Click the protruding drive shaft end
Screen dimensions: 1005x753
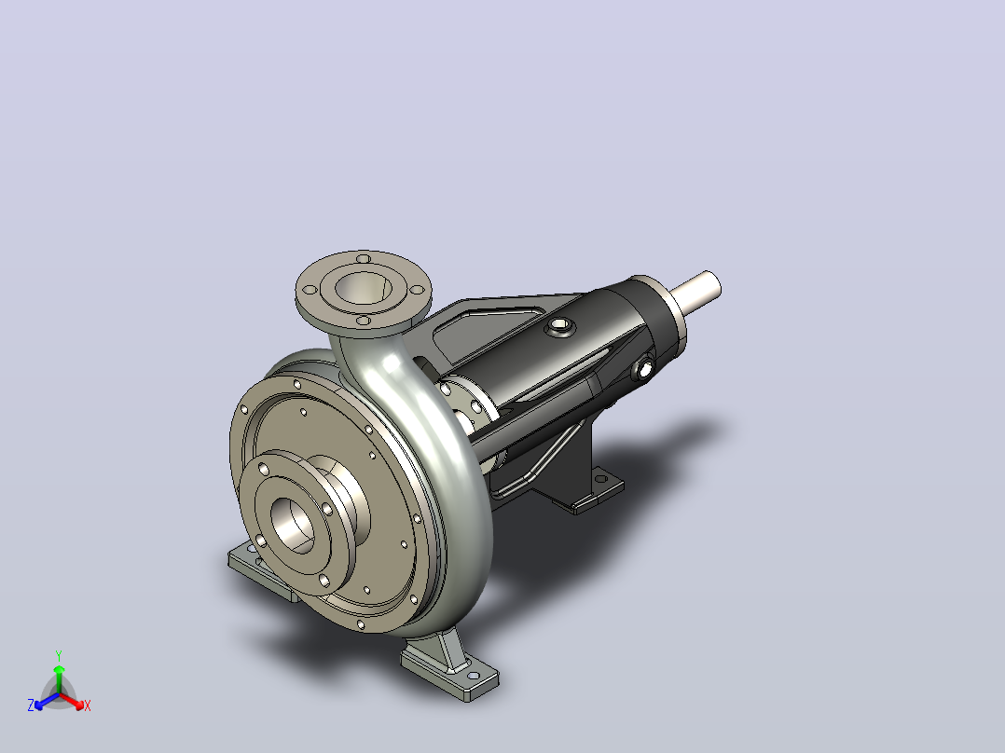pyautogui.click(x=696, y=288)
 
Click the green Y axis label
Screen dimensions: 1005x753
pyautogui.click(x=59, y=655)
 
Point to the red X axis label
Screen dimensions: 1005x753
pyautogui.click(x=88, y=705)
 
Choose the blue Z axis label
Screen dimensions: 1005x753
pyautogui.click(x=31, y=705)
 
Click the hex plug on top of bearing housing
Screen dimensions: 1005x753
pyautogui.click(x=559, y=327)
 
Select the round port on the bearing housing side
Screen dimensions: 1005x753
pyautogui.click(x=644, y=368)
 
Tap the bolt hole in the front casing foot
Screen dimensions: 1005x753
pyautogui.click(x=473, y=676)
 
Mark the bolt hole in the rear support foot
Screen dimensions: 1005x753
pyautogui.click(x=601, y=479)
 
